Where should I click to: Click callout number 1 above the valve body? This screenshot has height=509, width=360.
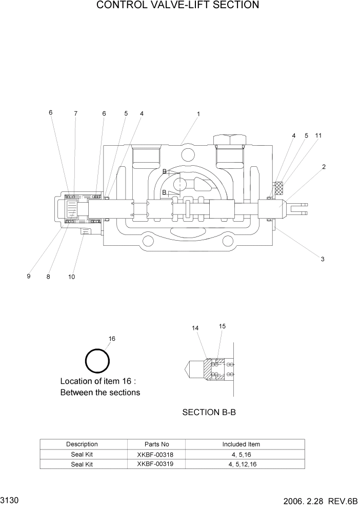(x=198, y=114)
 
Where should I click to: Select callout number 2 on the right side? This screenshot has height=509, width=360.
(x=324, y=167)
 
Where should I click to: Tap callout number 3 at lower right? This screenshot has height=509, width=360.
(x=323, y=259)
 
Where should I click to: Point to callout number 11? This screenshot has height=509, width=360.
(x=318, y=136)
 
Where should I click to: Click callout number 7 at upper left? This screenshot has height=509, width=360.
(x=75, y=113)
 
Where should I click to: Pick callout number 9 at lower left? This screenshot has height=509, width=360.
(x=29, y=277)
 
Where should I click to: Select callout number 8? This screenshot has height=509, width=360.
(x=48, y=277)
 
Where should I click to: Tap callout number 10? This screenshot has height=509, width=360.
(x=72, y=277)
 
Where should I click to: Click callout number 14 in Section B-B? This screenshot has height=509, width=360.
(x=195, y=328)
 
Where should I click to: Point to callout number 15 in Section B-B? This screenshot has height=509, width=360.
(x=222, y=326)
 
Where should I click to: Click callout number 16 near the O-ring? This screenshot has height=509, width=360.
(x=112, y=339)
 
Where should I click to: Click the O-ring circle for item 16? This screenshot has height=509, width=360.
(x=97, y=362)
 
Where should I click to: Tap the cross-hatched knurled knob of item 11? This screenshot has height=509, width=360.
(x=279, y=188)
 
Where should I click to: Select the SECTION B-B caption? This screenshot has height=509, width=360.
(x=209, y=412)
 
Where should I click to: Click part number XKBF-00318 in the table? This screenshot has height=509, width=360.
(x=156, y=454)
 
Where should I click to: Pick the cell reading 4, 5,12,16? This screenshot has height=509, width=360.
(x=241, y=464)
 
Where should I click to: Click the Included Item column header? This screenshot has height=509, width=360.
(x=241, y=444)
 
